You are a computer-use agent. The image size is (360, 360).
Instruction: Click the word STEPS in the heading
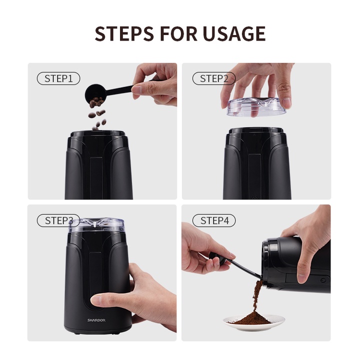(124, 33)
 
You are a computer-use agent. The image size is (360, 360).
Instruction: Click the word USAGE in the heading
(234, 33)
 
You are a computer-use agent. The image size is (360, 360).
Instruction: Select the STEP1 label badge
(58, 78)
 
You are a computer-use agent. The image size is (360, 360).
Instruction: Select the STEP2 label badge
(214, 78)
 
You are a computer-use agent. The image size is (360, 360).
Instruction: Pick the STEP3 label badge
(58, 220)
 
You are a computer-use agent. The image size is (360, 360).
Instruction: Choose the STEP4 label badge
(214, 220)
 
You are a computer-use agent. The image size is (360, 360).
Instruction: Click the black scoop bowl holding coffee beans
(95, 93)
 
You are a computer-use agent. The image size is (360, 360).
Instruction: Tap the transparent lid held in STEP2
(256, 106)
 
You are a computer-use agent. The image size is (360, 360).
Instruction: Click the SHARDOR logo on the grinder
(96, 320)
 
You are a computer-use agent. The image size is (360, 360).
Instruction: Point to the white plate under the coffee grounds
(254, 322)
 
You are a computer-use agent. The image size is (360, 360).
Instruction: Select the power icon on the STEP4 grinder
(323, 280)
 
